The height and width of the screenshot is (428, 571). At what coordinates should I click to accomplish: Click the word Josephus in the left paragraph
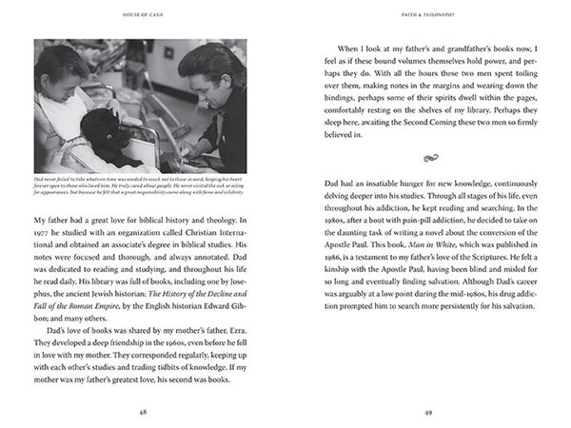pyautogui.click(x=238, y=268)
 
